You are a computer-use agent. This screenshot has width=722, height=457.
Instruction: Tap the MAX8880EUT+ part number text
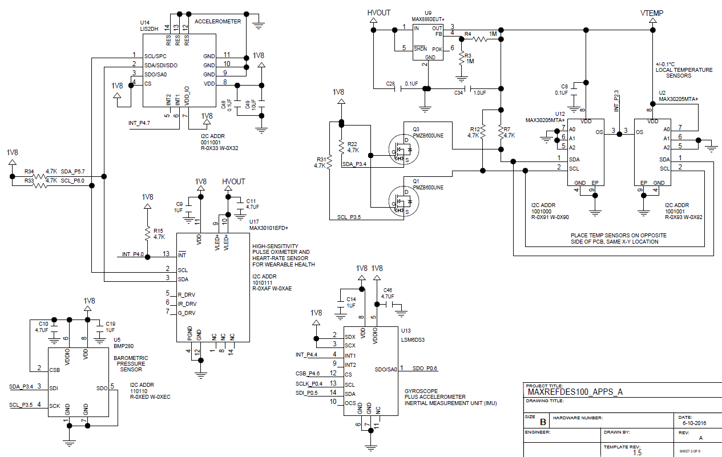pos(428,18)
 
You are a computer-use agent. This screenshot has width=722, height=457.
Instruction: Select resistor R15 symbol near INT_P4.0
pos(147,234)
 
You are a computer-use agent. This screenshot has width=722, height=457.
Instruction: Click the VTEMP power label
pos(652,13)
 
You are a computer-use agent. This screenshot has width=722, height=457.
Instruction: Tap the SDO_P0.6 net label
pos(425,369)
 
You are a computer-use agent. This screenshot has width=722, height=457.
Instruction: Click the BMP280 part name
pos(123,346)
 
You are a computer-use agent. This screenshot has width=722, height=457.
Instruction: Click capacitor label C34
pos(458,93)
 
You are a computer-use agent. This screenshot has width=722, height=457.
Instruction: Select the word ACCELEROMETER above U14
pos(217,21)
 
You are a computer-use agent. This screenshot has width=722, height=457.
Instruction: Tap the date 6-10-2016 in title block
pos(694,423)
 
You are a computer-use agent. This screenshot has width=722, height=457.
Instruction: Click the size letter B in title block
pos(543,422)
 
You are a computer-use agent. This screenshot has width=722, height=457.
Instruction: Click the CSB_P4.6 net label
pos(309,374)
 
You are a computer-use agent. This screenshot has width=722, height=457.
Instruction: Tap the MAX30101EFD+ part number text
pos(269,228)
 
